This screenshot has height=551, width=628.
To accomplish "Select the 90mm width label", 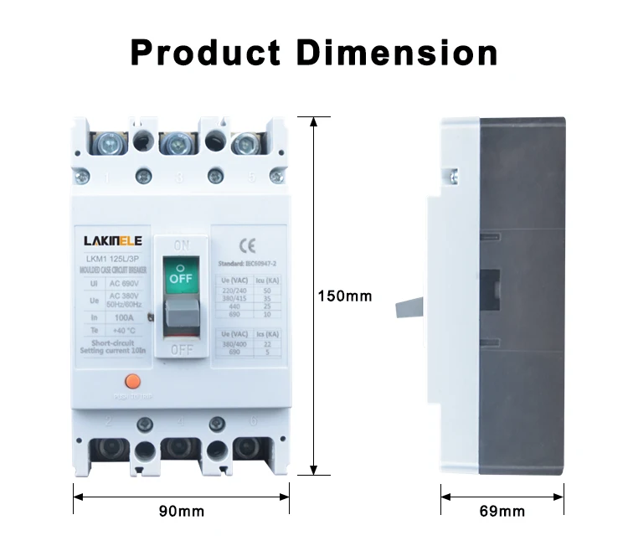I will point(182,510).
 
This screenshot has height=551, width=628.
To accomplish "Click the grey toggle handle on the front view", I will point(180,318).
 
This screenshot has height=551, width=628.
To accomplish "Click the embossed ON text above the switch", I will point(180,244).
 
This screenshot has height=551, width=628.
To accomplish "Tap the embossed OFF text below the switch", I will point(180,350).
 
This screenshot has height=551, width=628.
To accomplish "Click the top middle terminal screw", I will point(178,144).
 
